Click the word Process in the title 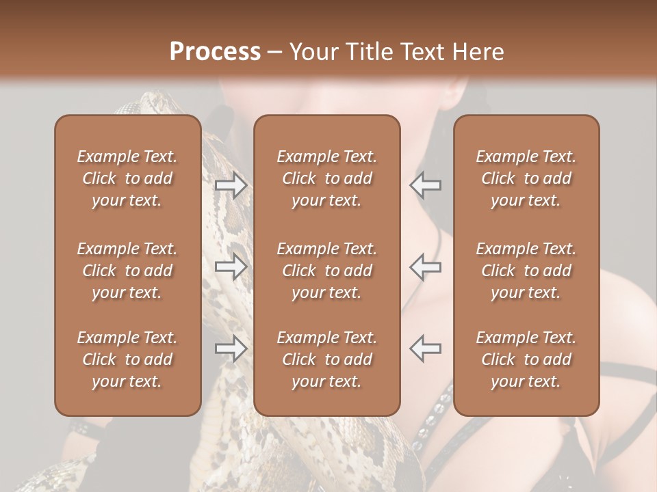(x=215, y=52)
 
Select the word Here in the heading (x=477, y=52)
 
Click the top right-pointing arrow (x=231, y=185)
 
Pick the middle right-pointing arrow (x=231, y=266)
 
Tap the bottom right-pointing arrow (x=231, y=348)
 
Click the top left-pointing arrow (x=425, y=185)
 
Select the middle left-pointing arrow (x=425, y=266)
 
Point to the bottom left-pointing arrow (x=425, y=348)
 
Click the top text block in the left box (x=127, y=178)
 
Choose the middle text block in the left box (x=127, y=271)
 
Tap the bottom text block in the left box (x=127, y=359)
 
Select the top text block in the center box (x=327, y=178)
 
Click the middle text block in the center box (x=327, y=271)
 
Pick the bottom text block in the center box (x=327, y=359)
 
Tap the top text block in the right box (x=526, y=178)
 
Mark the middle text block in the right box (x=526, y=271)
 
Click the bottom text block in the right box (x=526, y=359)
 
